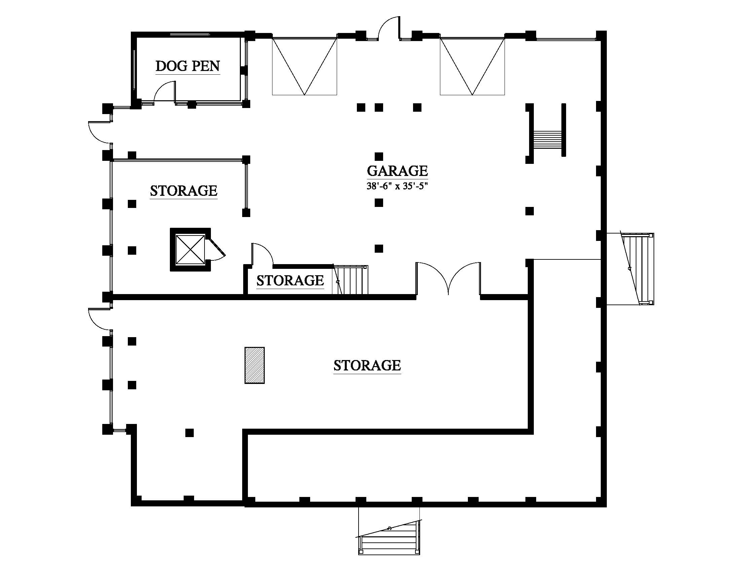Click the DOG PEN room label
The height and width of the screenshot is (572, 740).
pos(188,66)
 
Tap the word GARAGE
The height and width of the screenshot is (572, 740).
pos(397,171)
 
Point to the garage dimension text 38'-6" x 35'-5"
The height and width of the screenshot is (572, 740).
pos(397,186)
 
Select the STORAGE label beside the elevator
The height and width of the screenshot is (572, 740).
pos(184,191)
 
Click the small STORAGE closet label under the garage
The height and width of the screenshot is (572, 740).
pos(290,281)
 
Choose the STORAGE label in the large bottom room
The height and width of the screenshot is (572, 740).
pos(367,365)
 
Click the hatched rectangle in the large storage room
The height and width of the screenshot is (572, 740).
pos(255,365)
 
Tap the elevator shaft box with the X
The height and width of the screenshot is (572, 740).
pos(190,250)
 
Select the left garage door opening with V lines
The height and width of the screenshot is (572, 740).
pos(305,66)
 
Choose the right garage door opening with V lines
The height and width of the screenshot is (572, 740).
pos(472,66)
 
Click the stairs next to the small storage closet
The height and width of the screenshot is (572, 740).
pos(351,280)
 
